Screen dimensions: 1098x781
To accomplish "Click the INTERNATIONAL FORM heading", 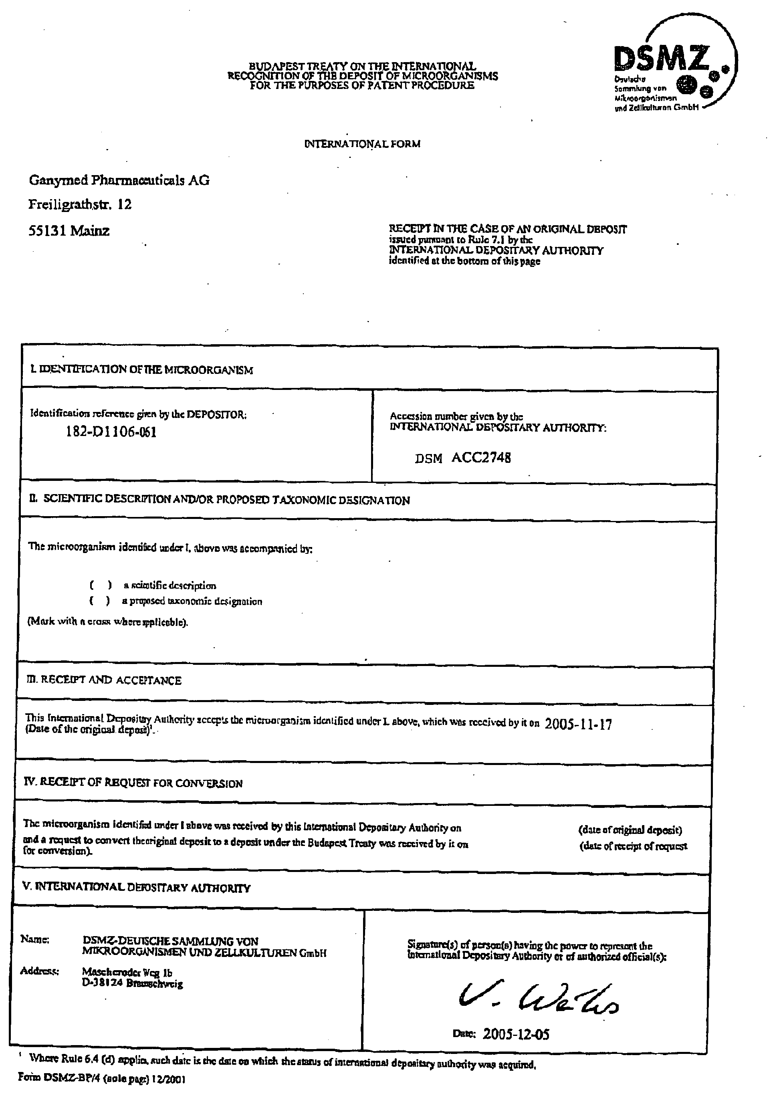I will tap(362, 144).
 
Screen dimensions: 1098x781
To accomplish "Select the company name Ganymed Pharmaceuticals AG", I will tap(119, 180).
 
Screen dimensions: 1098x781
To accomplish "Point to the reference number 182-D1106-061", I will tap(111, 432).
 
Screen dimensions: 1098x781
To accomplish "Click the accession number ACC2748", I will tap(481, 457).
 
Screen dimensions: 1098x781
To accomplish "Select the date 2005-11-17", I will tap(578, 724).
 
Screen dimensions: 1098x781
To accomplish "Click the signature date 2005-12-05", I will tap(516, 1033).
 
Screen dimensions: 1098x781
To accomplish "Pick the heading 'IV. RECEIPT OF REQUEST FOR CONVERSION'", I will tap(133, 783).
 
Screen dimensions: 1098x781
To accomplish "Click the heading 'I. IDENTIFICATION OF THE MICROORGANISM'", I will tap(141, 369).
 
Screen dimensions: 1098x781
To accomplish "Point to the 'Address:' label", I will tap(39, 971).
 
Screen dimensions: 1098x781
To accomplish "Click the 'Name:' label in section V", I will tap(34, 939).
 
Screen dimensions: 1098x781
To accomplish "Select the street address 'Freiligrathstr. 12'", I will tap(80, 205).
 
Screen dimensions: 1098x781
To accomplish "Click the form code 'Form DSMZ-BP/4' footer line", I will tap(101, 1079).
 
